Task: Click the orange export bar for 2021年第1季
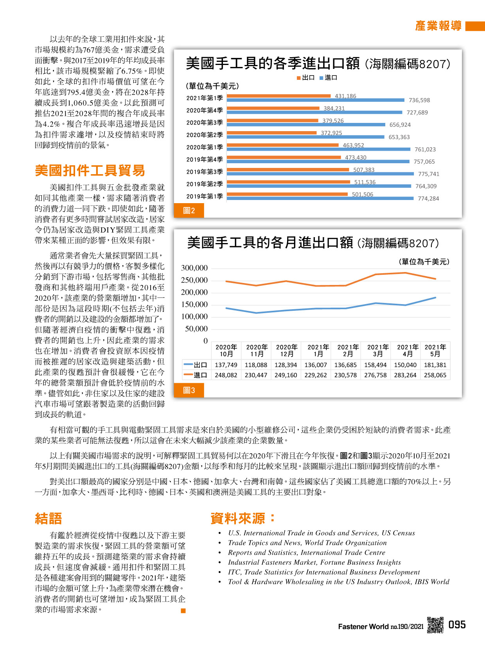point(278,96)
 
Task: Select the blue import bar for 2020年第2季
point(305,137)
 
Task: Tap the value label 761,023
point(425,150)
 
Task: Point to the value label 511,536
point(365,182)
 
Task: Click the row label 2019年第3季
point(205,171)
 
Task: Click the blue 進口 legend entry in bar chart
point(328,77)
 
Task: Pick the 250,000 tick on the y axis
point(194,280)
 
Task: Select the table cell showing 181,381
point(435,365)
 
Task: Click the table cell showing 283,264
point(405,375)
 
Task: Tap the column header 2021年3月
point(378,350)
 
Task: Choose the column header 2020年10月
point(226,350)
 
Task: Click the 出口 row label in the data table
point(195,365)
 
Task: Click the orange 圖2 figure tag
point(189,211)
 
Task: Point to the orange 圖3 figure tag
point(189,390)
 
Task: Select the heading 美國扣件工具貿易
point(90,170)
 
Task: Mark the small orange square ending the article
point(183,611)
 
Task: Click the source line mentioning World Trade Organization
point(307,542)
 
